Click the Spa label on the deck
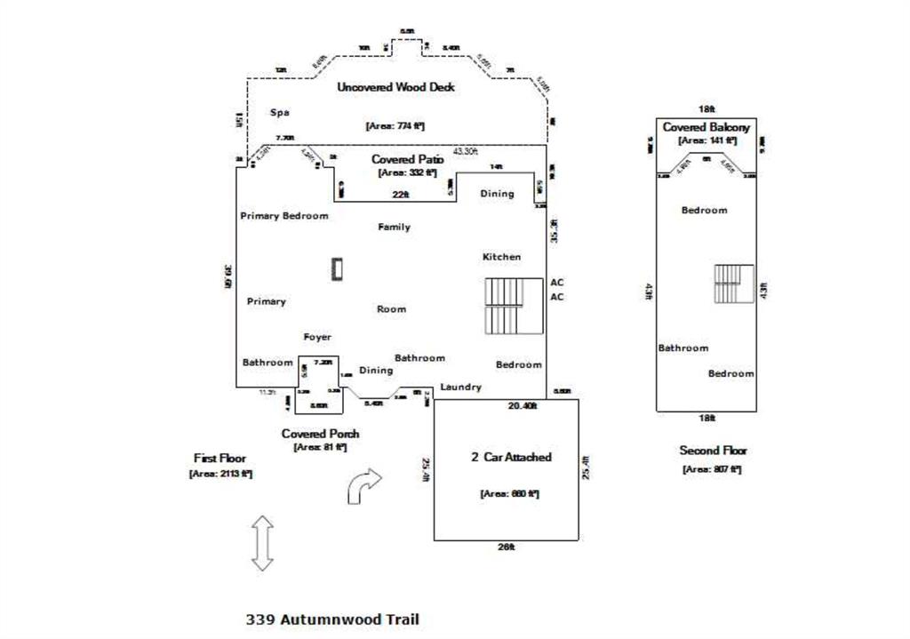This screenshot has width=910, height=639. coord(280,113)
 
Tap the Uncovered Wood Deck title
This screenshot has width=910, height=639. coord(395,87)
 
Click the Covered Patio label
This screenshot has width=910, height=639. coord(407,159)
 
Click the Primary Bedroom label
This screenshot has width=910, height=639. coord(284,216)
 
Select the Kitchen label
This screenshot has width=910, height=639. coord(501,257)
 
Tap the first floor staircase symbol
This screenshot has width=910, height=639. coord(514,306)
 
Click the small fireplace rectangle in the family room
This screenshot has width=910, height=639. coord(338,268)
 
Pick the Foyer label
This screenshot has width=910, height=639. coord(317,337)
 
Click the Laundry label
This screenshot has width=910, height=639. coord(460,387)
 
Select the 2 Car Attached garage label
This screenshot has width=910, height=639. coord(511,457)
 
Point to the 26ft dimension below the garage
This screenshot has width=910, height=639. coord(506,547)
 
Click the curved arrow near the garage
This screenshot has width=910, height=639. coord(363,485)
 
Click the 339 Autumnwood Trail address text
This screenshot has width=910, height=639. coord(331,619)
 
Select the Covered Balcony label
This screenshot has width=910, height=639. coord(706,127)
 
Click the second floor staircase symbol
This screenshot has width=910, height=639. coord(733,283)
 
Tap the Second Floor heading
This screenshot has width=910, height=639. coord(713,451)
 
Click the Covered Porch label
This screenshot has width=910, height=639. coord(320,434)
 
